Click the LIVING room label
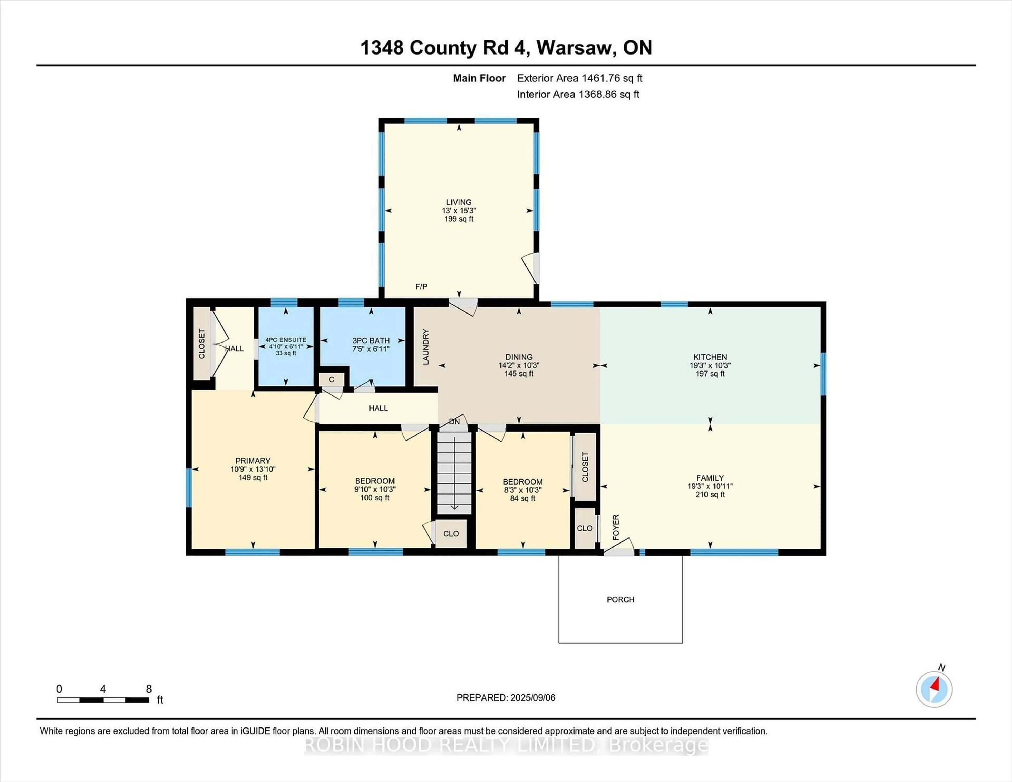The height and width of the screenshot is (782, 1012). tap(459, 202)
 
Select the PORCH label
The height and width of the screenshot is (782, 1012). tap(620, 599)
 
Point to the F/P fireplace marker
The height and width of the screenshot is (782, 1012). tap(421, 287)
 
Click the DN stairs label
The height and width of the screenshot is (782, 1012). tap(455, 422)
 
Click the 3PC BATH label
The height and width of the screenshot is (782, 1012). tap(371, 340)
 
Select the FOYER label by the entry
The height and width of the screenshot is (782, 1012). tap(616, 527)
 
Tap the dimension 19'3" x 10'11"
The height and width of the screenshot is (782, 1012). tap(710, 486)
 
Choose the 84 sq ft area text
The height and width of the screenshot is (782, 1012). tap(523, 498)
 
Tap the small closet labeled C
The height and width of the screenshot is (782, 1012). tap(331, 379)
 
